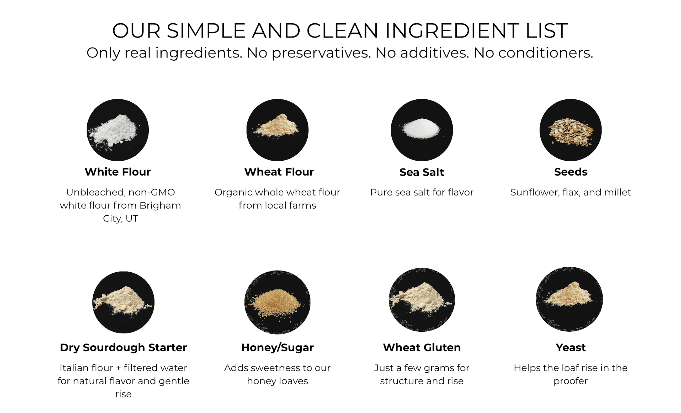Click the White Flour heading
[x=118, y=172]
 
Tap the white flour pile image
[x=118, y=130]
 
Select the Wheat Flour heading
[x=279, y=172]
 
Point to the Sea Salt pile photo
[x=422, y=130]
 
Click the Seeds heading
[x=571, y=172]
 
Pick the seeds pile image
[x=571, y=130]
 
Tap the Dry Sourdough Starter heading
[x=123, y=348]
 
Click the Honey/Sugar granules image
[x=278, y=302]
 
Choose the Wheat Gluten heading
[x=422, y=347]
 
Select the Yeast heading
[x=571, y=347]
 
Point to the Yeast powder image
[x=569, y=299]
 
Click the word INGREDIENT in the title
[x=453, y=30]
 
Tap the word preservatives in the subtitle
[x=321, y=53]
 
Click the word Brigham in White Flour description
[x=160, y=206]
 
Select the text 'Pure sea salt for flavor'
[x=422, y=192]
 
